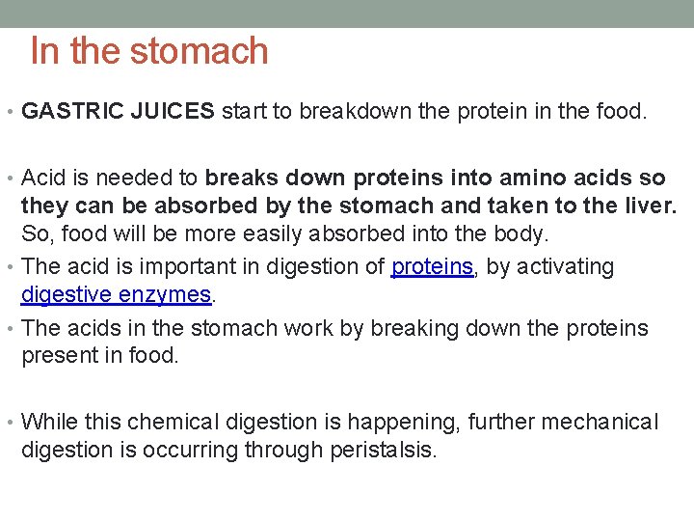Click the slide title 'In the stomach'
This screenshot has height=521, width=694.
pyautogui.click(x=149, y=51)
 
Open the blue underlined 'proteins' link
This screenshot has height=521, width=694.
pyautogui.click(x=433, y=266)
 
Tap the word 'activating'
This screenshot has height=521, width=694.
pyautogui.click(x=566, y=266)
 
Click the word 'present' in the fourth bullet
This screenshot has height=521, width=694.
pyautogui.click(x=57, y=355)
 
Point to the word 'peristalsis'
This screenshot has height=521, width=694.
pyautogui.click(x=384, y=450)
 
